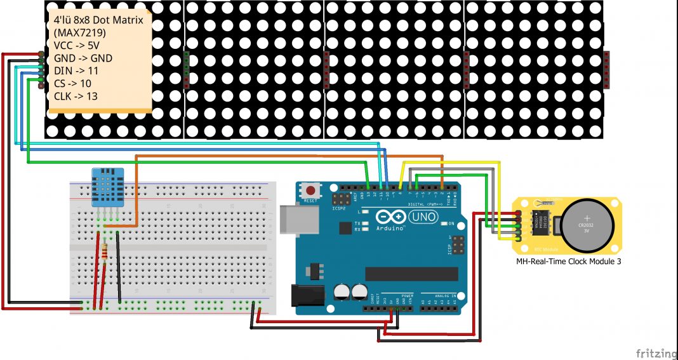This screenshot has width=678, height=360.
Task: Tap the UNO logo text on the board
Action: point(422,217)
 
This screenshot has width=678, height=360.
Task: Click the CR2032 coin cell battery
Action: point(587,226)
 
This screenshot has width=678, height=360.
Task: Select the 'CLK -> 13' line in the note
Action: point(76,97)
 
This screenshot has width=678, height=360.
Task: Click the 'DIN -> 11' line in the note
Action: point(76,70)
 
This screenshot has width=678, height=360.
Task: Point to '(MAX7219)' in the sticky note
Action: point(80,32)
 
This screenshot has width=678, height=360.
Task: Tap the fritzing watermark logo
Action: point(656,353)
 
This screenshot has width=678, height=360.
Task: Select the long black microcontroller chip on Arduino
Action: point(411,273)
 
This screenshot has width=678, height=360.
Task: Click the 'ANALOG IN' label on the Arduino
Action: point(439,296)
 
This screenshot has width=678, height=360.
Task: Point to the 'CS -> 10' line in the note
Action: point(72,83)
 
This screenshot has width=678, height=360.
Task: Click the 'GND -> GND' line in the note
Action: point(83,58)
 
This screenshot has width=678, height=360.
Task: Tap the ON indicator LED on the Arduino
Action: point(444,224)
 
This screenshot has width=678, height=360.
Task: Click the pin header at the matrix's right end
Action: point(606,69)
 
